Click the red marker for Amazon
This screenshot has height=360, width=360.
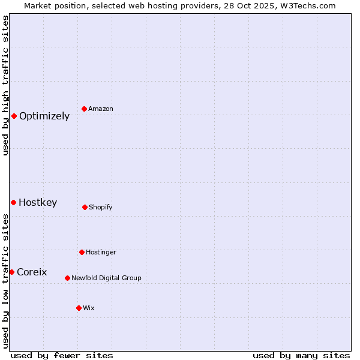[x=85, y=109]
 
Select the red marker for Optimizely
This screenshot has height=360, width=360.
[x=14, y=116]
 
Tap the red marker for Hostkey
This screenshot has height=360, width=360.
[x=13, y=202]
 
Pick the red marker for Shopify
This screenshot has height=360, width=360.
[x=85, y=207]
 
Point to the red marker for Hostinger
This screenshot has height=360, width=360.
[x=82, y=252]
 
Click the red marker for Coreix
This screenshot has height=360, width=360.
[x=11, y=272]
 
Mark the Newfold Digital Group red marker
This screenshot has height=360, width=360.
[x=67, y=278]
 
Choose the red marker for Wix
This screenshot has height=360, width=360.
[x=79, y=308]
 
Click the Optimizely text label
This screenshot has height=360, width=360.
[x=44, y=116]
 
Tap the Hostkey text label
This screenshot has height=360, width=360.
[x=38, y=203]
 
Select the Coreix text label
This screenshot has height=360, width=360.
[x=32, y=272]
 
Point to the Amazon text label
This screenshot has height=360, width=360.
[x=101, y=109]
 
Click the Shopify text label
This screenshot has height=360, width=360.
[x=101, y=208]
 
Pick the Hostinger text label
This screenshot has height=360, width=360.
[x=101, y=253]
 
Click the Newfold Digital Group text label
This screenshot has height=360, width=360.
[x=106, y=278]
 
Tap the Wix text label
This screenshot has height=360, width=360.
[x=89, y=308]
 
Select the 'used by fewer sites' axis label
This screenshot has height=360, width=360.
[x=62, y=355]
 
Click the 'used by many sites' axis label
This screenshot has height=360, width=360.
[x=301, y=355]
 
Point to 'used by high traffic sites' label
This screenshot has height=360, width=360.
[x=5, y=85]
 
